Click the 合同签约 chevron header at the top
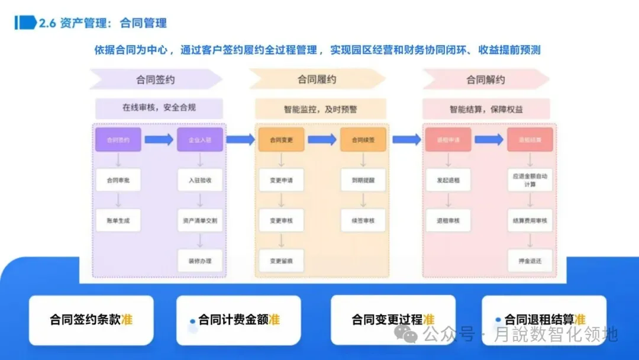156,79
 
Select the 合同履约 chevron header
318,79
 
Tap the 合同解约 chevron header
485,79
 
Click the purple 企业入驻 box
200,140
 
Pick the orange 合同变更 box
281,140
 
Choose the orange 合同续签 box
363,140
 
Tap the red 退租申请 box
448,140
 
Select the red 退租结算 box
530,140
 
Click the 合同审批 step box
118,180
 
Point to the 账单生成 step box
118,220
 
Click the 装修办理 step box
200,261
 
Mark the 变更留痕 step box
281,261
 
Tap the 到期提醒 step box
363,180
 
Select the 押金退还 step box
530,261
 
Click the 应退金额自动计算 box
530,180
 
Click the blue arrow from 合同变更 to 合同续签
322,140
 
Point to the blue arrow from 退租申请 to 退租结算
489,140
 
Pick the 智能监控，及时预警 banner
320,109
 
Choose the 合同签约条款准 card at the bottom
91,320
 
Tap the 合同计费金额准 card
238,320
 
